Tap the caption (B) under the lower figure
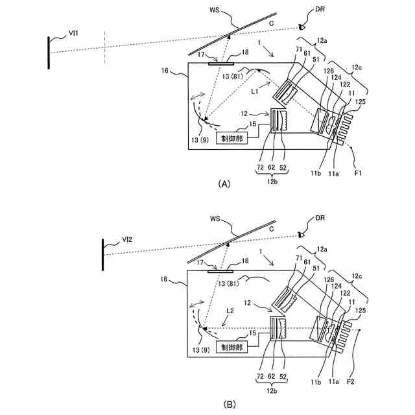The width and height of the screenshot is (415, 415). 229,403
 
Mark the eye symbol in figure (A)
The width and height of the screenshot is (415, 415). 302,27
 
